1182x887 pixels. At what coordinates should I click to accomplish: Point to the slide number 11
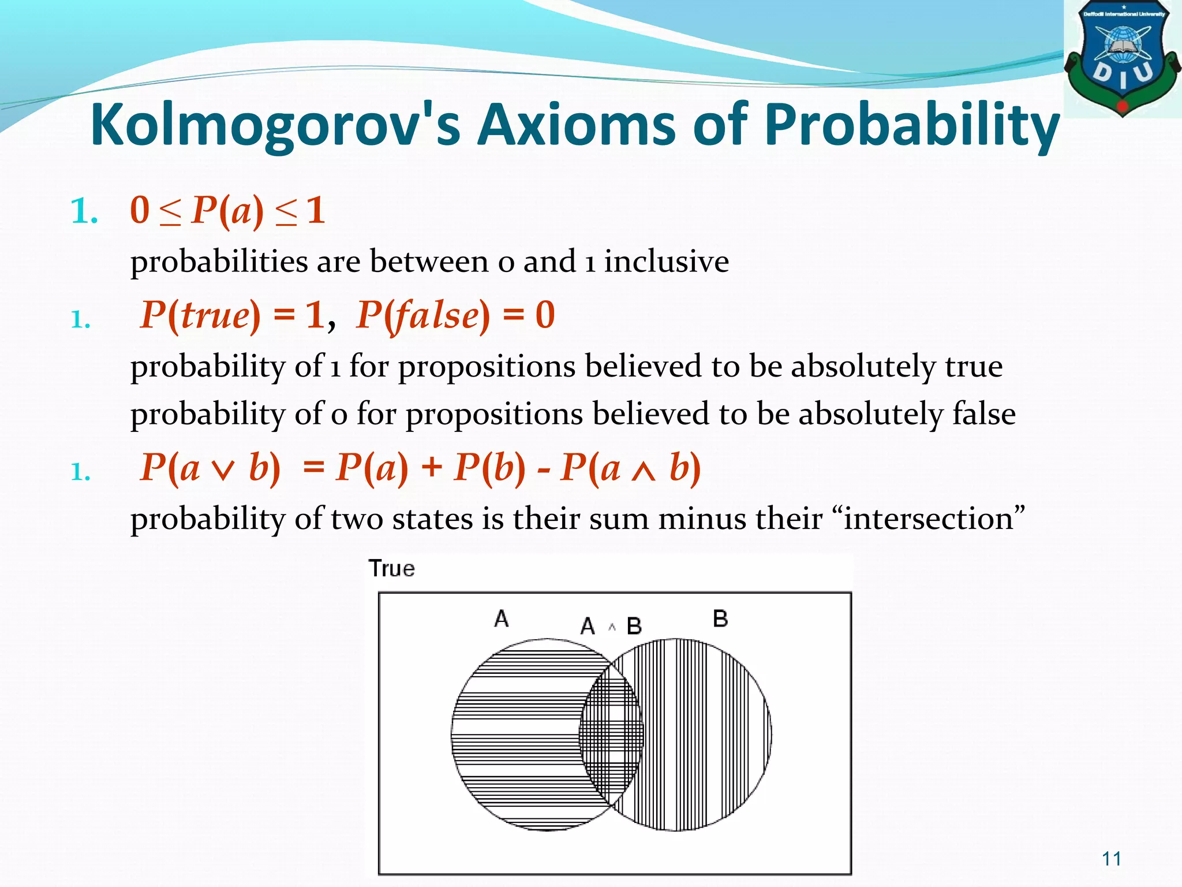(x=1112, y=859)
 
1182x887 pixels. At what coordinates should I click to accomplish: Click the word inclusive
(x=667, y=262)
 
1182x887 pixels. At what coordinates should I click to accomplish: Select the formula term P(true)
(x=200, y=315)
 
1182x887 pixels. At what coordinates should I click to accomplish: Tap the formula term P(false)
(x=423, y=315)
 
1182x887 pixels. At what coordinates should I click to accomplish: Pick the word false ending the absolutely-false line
(x=984, y=414)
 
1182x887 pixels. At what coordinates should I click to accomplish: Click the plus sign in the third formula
(x=431, y=467)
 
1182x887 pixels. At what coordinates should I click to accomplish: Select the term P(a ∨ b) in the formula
(x=210, y=467)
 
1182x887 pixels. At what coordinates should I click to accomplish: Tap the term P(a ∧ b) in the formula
(x=630, y=467)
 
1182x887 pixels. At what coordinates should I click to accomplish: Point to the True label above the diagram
(x=392, y=569)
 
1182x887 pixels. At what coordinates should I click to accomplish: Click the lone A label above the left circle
(x=501, y=619)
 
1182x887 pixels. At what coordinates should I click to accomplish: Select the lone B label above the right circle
(x=720, y=619)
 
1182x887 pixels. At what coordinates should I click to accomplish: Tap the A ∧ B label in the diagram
(x=611, y=626)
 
